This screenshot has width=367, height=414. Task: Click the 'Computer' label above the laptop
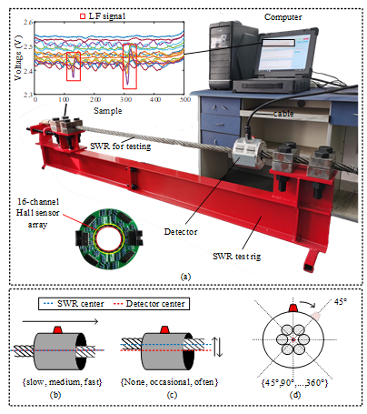283,17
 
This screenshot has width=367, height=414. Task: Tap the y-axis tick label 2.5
28,46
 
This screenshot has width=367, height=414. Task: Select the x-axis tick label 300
125,99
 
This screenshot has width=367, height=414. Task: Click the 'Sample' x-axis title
107,111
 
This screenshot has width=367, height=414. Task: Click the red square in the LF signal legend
83,16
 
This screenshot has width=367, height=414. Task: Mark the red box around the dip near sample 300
130,66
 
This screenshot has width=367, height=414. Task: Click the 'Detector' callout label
181,232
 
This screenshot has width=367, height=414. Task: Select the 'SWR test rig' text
236,257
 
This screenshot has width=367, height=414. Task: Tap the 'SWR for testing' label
121,146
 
